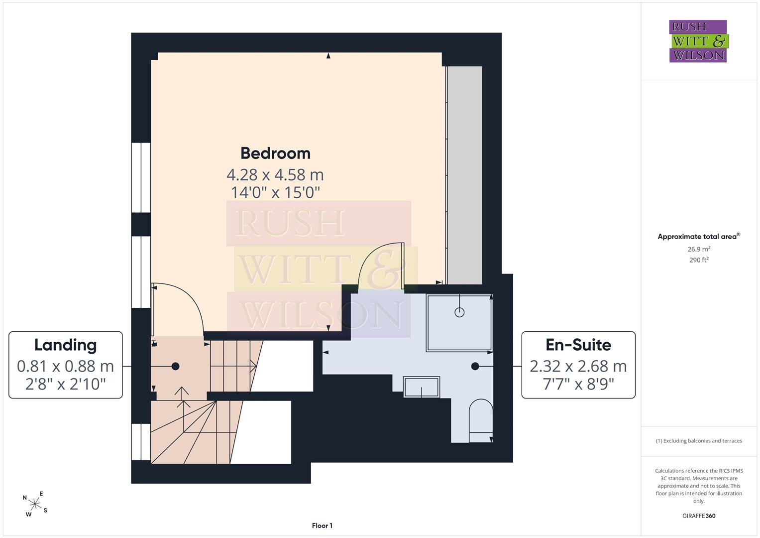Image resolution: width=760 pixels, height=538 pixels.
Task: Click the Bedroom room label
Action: [x=276, y=153]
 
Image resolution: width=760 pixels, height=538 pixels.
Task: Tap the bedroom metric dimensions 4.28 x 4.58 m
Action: [x=275, y=175]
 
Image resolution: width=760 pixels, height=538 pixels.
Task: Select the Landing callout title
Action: [x=66, y=345]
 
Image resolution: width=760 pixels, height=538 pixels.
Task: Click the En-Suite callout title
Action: [x=578, y=345]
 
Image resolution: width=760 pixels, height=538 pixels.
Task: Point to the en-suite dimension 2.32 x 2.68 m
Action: [x=578, y=366]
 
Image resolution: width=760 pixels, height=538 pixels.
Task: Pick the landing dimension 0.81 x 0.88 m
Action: [x=66, y=366]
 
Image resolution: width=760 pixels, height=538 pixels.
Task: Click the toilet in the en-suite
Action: [x=481, y=420]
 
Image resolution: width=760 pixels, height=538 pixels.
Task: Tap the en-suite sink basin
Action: [x=422, y=387]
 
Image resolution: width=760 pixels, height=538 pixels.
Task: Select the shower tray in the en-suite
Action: [x=459, y=323]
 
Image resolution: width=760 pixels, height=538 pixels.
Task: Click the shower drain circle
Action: [x=459, y=312]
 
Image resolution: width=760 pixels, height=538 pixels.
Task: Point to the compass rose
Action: [x=35, y=504]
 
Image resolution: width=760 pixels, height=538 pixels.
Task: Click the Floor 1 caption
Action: [x=322, y=526]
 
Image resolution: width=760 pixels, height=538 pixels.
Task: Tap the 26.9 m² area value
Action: [x=699, y=249]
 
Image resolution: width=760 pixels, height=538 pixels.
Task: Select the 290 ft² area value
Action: [x=699, y=260]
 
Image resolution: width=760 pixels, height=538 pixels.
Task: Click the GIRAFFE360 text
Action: [x=699, y=516]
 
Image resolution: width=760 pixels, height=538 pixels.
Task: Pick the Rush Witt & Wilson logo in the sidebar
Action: [x=699, y=41]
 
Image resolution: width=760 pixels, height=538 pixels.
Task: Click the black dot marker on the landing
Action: [x=175, y=366]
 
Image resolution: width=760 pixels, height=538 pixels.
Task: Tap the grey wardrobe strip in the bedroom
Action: [x=464, y=175]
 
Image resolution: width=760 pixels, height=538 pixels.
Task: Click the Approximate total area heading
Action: [x=699, y=237]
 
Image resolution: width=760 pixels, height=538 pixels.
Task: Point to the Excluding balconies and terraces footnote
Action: [x=699, y=441]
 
